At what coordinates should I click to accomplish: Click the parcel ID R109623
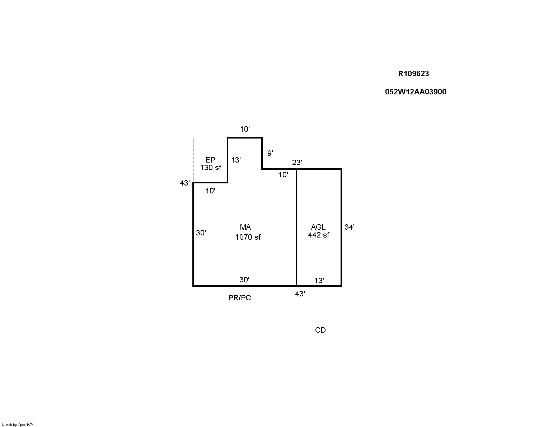[x=413, y=74]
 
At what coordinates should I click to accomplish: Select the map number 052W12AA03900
[x=416, y=92]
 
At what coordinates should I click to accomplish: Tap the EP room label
[x=210, y=160]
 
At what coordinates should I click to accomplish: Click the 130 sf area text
[x=211, y=168]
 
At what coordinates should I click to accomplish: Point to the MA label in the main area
[x=245, y=227]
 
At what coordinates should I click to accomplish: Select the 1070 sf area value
[x=248, y=237]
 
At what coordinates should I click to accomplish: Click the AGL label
[x=318, y=227]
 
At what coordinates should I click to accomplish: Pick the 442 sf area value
[x=319, y=235]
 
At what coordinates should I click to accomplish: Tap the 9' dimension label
[x=270, y=153]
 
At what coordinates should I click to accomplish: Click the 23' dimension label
[x=297, y=163]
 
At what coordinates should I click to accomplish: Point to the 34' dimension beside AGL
[x=349, y=227]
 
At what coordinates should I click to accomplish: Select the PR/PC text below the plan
[x=240, y=298]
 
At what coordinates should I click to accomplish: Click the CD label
[x=320, y=330]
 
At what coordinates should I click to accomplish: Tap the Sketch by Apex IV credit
[x=18, y=424]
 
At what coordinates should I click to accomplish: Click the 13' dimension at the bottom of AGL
[x=319, y=281]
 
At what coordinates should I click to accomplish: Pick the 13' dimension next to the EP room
[x=235, y=160]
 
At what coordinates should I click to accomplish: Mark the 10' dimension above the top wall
[x=245, y=130]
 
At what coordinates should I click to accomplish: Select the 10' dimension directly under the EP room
[x=210, y=191]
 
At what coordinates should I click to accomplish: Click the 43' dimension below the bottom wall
[x=300, y=294]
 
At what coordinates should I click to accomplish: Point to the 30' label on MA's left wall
[x=201, y=233]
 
